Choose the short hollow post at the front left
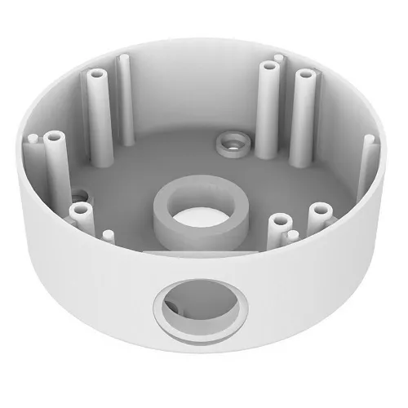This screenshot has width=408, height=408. [80, 210]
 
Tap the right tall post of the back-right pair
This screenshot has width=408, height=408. [305, 76]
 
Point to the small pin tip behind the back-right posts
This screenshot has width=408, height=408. [279, 59]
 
